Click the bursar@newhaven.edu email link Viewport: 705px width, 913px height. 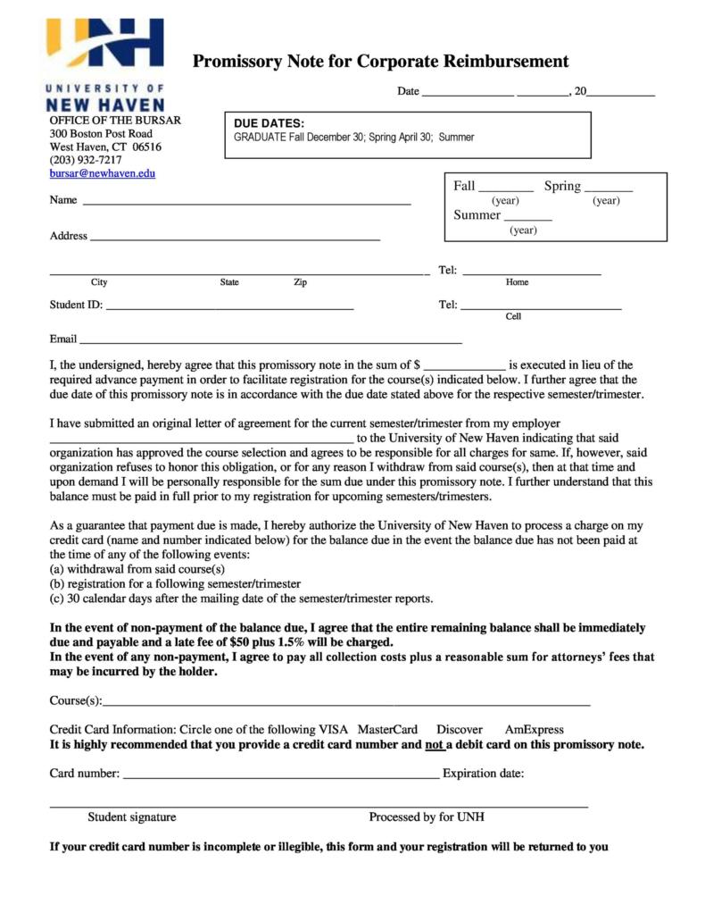click(x=102, y=173)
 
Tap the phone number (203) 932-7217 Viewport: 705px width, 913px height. click(x=86, y=160)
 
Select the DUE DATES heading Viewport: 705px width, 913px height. click(x=269, y=123)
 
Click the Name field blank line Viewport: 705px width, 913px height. click(x=246, y=204)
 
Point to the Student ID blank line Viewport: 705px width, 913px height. click(x=229, y=308)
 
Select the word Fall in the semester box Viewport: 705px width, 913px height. click(x=464, y=186)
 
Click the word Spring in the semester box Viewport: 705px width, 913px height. click(x=562, y=186)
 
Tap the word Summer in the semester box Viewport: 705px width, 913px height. click(x=477, y=214)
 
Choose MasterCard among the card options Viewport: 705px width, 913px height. click(x=387, y=730)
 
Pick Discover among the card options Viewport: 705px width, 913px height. click(x=460, y=730)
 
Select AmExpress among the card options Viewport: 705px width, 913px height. click(x=534, y=730)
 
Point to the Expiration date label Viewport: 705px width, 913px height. click(x=483, y=774)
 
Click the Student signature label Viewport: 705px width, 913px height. click(x=131, y=817)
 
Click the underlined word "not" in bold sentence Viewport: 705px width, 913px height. click(x=435, y=744)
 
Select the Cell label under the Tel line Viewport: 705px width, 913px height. click(x=513, y=316)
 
